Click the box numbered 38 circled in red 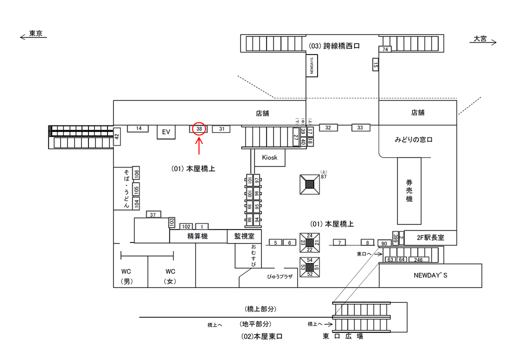(199, 129)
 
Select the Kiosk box (269, 157)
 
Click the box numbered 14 (138, 128)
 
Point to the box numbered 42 (117, 136)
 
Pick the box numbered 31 (221, 129)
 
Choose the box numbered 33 (360, 127)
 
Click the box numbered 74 (385, 49)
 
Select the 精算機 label (197, 236)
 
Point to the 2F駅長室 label (430, 237)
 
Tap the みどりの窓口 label (413, 140)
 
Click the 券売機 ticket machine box (409, 191)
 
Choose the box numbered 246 (418, 259)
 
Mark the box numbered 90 (384, 243)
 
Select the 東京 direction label (35, 34)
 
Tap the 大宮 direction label (480, 39)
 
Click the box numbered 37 (153, 214)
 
